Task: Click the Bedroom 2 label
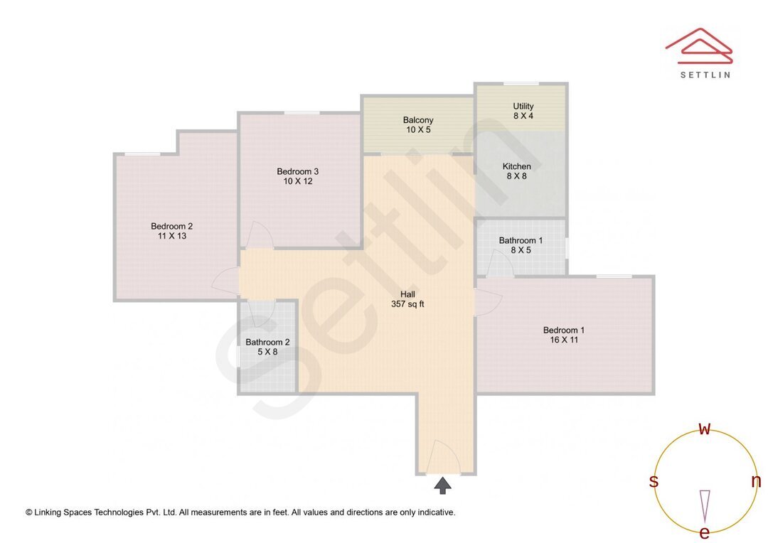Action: point(171,226)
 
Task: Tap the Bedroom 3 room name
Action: point(297,171)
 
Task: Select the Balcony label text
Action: point(417,120)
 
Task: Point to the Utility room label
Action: point(523,107)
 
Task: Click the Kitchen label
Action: point(517,166)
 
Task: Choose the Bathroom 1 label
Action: point(521,240)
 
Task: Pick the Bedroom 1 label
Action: point(563,330)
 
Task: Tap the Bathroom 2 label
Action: point(267,342)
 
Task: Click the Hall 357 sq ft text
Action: point(407,299)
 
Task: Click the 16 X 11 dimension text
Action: point(563,340)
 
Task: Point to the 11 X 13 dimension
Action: point(171,236)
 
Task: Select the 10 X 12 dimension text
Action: point(297,181)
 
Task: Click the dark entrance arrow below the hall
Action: point(443,486)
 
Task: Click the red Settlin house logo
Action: point(699,44)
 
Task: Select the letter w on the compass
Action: point(705,429)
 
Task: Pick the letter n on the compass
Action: point(756,481)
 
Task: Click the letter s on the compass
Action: point(654,481)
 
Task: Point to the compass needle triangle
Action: point(705,505)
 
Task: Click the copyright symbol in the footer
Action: point(29,512)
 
